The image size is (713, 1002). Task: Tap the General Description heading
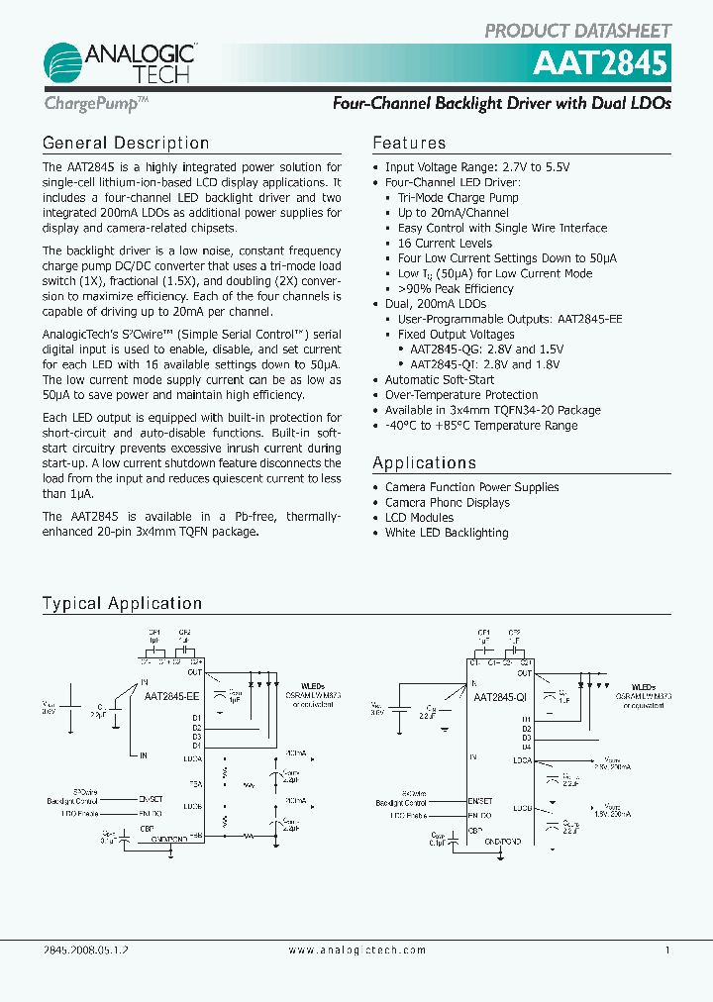click(126, 144)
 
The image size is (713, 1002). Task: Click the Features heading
click(409, 144)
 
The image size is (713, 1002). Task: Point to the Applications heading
click(424, 463)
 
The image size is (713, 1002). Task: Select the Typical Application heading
click(122, 603)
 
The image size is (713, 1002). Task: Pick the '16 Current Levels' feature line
click(445, 244)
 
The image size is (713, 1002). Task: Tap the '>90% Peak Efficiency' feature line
click(456, 289)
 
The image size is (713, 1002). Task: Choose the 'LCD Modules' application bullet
click(419, 518)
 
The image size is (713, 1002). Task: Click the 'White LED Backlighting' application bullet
click(447, 533)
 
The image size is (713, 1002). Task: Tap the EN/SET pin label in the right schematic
click(481, 801)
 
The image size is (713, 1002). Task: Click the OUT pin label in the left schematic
click(195, 671)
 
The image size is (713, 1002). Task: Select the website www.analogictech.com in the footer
click(356, 950)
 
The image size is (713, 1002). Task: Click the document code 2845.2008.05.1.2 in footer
click(87, 950)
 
